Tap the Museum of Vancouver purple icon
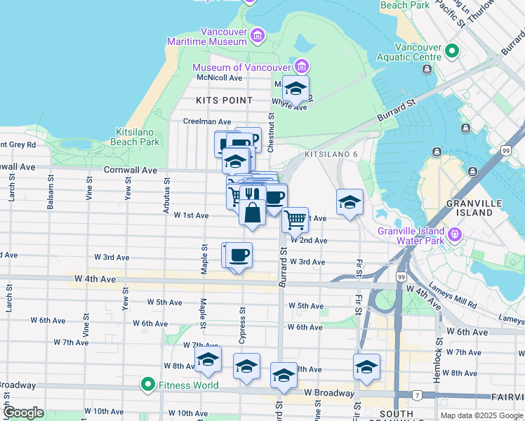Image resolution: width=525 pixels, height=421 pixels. coord(301,67)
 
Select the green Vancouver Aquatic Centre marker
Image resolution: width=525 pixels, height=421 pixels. coord(451,51)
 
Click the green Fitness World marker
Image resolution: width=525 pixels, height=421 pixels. coord(147,385)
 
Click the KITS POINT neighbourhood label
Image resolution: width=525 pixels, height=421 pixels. coord(224,100)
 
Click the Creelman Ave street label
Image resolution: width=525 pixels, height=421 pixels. coord(207,121)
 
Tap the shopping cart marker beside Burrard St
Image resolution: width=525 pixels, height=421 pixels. coord(295,220)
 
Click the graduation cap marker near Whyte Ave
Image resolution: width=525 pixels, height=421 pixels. coord(295,89)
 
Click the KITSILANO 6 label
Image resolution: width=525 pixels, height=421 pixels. coord(331,154)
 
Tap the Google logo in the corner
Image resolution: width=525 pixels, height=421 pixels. coord(23,413)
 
